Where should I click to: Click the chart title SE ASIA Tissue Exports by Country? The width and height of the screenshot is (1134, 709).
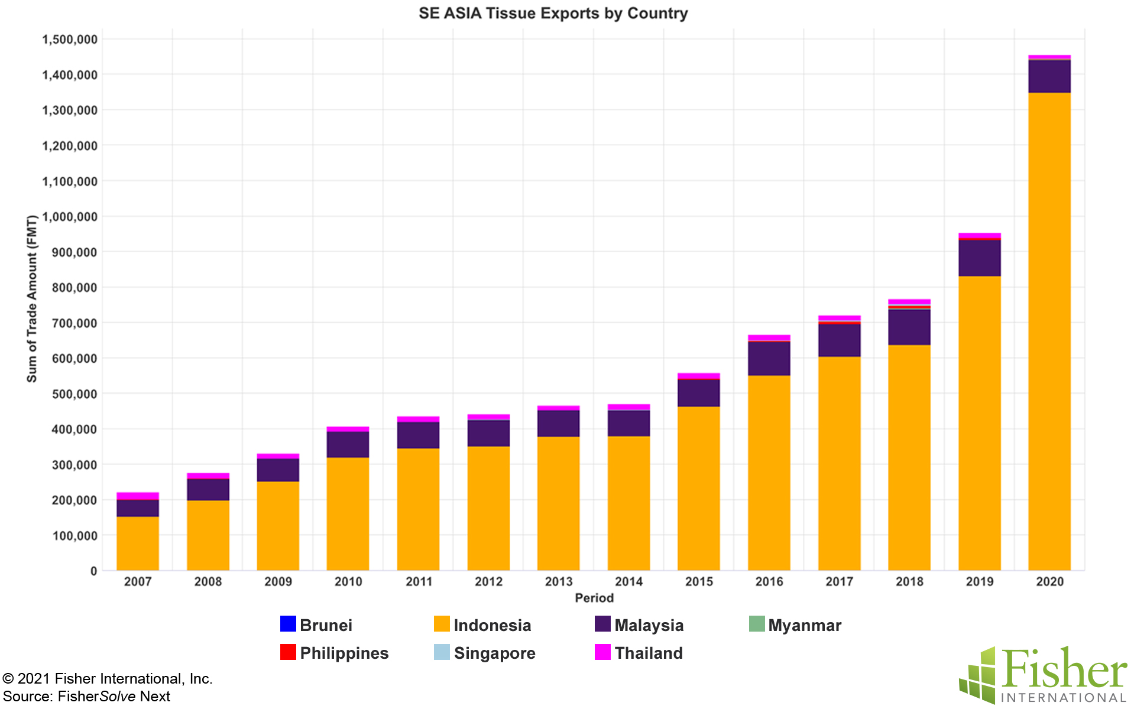(553, 13)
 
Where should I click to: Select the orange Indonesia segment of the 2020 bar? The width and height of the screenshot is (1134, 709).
(1049, 331)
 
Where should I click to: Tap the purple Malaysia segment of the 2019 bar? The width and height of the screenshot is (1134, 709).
(979, 258)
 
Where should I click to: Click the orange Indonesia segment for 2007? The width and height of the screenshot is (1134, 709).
(137, 544)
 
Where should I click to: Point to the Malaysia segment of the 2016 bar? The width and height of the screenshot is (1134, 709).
(769, 359)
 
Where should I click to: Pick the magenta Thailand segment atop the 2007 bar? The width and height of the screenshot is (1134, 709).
(137, 496)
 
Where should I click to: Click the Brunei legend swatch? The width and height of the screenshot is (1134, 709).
(288, 624)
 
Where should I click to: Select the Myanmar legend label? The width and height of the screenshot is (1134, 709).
(804, 625)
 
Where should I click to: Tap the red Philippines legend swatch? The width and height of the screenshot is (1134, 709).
(288, 652)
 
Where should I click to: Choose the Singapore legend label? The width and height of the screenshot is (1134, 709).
(494, 653)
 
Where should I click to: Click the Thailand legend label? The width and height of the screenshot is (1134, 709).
(648, 653)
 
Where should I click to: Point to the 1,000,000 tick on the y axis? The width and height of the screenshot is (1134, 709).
(70, 217)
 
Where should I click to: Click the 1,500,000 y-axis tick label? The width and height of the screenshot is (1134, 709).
(70, 40)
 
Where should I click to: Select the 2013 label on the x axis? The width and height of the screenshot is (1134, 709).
(559, 581)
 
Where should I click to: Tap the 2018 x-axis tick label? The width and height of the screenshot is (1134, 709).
(909, 581)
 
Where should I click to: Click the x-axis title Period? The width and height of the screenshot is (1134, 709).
(594, 598)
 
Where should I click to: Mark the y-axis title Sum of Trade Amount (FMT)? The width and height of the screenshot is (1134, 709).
(32, 299)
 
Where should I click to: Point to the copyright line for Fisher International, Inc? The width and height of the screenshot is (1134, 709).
(108, 678)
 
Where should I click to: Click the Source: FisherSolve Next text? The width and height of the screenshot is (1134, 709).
(87, 697)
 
